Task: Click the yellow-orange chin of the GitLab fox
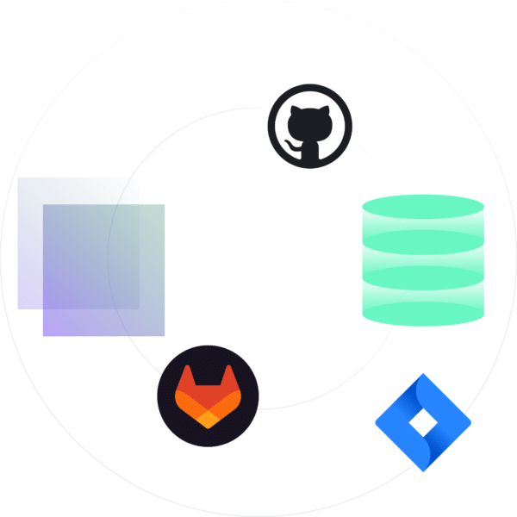click(208, 418)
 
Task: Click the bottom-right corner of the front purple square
click(164, 335)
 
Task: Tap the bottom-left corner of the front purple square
click(43, 335)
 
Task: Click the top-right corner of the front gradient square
click(164, 205)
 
